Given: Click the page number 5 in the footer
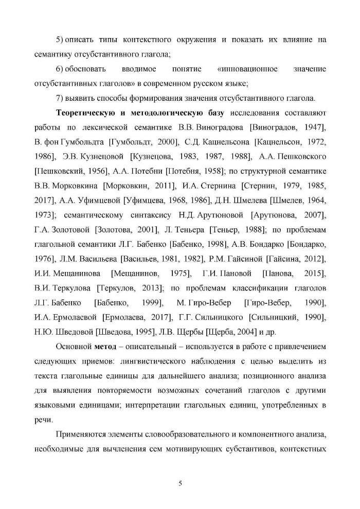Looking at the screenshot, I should tap(180, 483).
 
